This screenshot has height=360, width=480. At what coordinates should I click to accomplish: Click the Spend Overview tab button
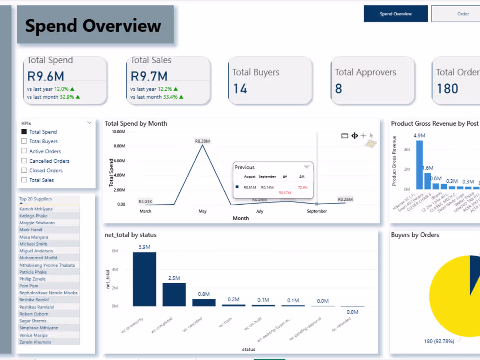(x=395, y=14)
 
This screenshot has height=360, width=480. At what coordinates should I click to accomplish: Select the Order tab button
(x=463, y=14)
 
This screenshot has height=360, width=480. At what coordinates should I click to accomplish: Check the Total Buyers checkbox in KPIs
(x=24, y=141)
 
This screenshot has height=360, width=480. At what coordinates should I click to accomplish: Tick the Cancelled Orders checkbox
(x=24, y=161)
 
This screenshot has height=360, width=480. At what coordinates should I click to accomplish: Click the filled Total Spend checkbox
(x=24, y=132)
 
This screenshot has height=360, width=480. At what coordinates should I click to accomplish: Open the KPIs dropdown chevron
(x=89, y=123)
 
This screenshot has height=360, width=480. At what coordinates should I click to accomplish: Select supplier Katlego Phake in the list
(x=34, y=216)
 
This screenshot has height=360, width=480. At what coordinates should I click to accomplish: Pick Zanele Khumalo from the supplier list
(x=35, y=342)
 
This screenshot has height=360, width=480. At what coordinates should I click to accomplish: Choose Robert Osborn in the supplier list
(x=34, y=314)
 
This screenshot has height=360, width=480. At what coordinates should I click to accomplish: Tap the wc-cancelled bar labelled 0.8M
(x=204, y=302)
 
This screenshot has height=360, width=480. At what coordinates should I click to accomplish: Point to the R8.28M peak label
(x=202, y=141)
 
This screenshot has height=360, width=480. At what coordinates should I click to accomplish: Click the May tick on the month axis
(x=202, y=211)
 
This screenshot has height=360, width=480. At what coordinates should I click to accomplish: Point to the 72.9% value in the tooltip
(x=302, y=187)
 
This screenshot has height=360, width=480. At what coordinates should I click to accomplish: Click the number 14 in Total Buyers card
(x=240, y=89)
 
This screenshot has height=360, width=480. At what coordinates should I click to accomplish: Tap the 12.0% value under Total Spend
(x=61, y=89)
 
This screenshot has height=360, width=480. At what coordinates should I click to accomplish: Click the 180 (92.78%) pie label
(x=439, y=341)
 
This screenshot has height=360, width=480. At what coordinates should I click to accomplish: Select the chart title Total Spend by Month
(x=136, y=123)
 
